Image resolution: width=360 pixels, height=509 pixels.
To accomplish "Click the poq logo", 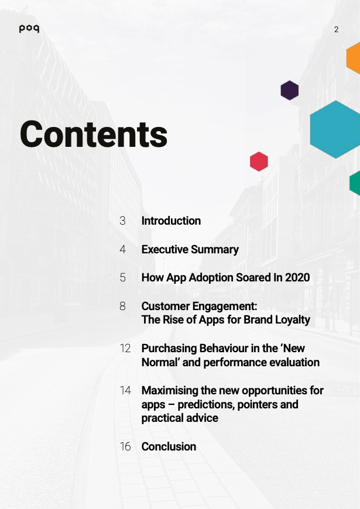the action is [x=29, y=29].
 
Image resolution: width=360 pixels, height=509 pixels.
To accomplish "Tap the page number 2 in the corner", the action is [x=336, y=29].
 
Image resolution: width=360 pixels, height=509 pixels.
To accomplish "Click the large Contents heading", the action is [x=94, y=135].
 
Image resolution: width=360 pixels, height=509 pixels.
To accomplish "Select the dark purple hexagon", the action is [x=290, y=90].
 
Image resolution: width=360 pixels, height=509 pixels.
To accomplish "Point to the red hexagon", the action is [x=259, y=161].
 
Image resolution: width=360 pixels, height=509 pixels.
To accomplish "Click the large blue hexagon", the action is [x=335, y=129].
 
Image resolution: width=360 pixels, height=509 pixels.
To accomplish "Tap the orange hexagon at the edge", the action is [x=354, y=59].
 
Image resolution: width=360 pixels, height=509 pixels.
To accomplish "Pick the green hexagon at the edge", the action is [x=355, y=183].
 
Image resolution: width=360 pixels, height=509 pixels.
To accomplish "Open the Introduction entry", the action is [x=171, y=221].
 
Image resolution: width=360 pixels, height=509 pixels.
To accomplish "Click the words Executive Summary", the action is [x=190, y=249].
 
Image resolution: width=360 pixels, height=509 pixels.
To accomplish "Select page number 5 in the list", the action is [x=122, y=277].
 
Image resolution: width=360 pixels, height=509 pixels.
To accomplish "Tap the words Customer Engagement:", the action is [x=199, y=306].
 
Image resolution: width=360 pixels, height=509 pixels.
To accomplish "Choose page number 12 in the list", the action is [x=125, y=348].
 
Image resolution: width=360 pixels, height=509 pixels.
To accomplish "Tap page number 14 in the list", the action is [x=125, y=390].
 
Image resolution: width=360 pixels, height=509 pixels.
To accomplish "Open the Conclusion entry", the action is [x=169, y=446].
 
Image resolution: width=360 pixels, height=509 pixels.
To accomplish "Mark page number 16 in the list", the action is [x=125, y=446].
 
